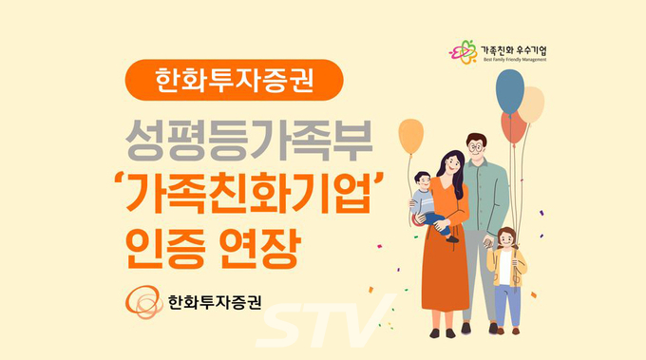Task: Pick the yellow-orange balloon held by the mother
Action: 411,138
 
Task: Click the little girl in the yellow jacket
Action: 505,271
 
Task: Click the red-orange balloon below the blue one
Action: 514,126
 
